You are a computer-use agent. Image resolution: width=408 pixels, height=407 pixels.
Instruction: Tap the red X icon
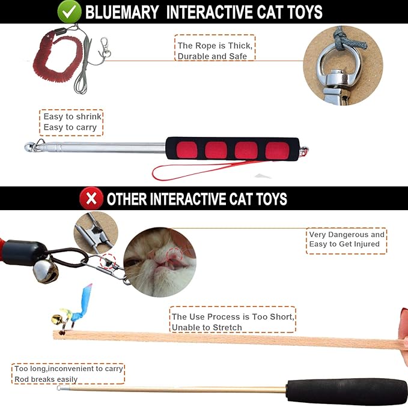(90, 198)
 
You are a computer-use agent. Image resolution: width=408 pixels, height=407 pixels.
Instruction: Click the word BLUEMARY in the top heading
(123, 12)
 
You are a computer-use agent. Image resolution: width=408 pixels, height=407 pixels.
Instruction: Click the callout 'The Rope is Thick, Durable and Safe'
(215, 50)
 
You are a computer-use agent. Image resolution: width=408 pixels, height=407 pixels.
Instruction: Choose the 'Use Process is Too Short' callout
(233, 322)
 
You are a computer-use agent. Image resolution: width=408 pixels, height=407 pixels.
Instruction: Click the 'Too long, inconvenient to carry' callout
(68, 373)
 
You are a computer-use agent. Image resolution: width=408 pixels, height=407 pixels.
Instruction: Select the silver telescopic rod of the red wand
(102, 146)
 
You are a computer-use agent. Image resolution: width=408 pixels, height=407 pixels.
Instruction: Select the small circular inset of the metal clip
(94, 231)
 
